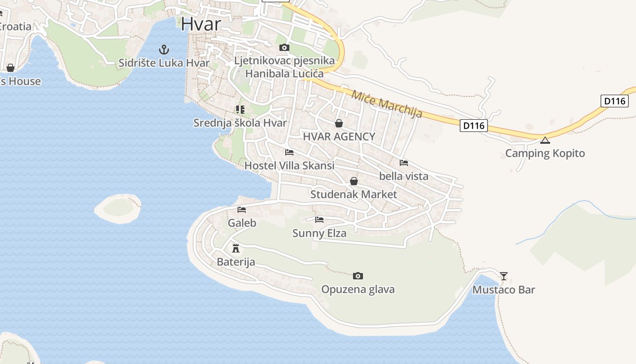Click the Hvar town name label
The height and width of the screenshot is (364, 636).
[201, 24]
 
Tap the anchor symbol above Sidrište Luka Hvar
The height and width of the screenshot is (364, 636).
[164, 49]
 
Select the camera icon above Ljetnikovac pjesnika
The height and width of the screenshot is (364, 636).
[284, 47]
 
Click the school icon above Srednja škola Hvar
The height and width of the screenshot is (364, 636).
[240, 109]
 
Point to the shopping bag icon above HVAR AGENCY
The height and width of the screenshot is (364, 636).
[339, 123]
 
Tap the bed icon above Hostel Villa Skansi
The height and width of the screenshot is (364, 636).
[289, 152]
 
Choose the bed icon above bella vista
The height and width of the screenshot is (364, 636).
[404, 162]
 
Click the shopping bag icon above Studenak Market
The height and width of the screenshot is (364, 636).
[354, 181]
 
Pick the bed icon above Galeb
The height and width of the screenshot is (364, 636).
[242, 210]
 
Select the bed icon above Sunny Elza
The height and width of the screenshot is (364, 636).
[319, 220]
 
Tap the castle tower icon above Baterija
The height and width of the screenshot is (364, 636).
[235, 248]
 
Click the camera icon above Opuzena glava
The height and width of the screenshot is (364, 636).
[358, 276]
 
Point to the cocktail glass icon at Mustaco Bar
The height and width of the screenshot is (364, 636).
[504, 276]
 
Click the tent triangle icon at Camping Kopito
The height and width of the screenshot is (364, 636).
[545, 140]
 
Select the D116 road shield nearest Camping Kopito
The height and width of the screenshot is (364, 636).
[473, 125]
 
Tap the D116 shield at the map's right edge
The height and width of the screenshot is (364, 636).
[615, 101]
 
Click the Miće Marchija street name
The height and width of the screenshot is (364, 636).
[387, 104]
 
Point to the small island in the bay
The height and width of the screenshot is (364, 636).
[118, 208]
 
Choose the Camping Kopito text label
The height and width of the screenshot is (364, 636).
[545, 153]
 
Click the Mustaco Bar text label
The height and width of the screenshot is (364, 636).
[504, 290]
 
